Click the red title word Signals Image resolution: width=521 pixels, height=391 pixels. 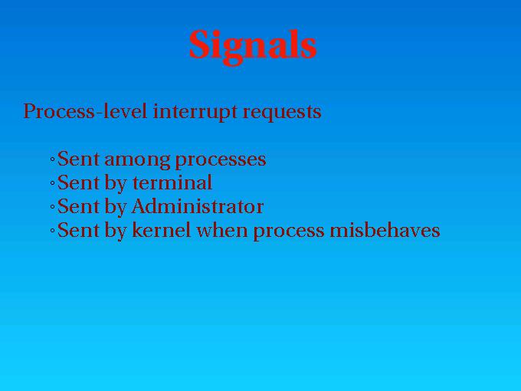253,46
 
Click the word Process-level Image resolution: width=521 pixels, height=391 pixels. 85,111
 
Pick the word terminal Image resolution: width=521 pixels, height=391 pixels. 172,182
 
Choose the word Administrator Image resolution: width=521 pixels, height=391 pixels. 198,206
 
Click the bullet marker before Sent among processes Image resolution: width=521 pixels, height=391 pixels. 53,159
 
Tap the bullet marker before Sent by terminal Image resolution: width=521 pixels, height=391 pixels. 53,183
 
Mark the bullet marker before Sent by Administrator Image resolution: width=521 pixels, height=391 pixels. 53,207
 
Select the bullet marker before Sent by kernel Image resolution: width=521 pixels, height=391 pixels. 53,231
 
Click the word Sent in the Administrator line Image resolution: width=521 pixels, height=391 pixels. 78,206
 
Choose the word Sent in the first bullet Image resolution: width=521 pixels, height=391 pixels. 78,159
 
